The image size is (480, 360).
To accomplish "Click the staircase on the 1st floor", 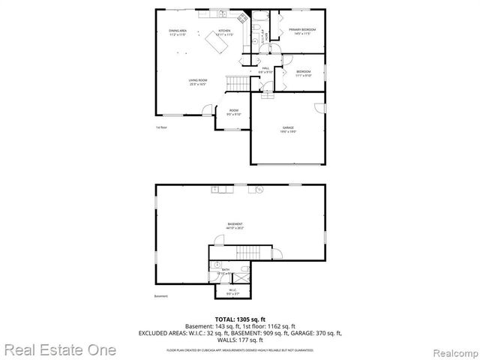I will click(x=238, y=82).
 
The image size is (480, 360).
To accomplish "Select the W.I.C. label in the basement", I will click(x=232, y=289).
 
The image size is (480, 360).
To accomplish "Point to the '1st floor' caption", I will click(x=160, y=127).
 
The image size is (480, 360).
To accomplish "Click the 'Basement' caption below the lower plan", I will click(x=161, y=296).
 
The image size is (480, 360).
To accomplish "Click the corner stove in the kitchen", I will click(x=241, y=17).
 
